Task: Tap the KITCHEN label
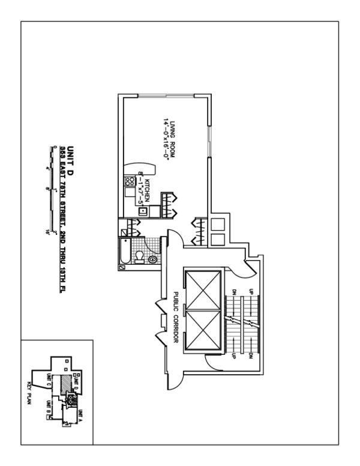tap(146, 183)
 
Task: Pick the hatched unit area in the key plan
tap(61, 384)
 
